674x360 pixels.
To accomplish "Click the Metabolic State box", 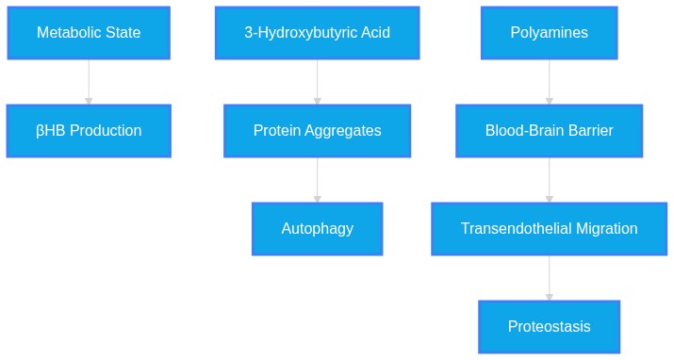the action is (x=89, y=33).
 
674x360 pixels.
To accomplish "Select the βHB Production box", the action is (x=89, y=131).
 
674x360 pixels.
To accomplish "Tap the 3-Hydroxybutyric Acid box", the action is (x=318, y=33).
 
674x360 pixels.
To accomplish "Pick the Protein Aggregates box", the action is (x=318, y=131).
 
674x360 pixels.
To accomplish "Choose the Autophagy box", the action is (x=318, y=229).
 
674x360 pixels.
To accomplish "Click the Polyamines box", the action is (x=550, y=33).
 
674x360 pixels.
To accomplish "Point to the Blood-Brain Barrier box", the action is (x=550, y=131).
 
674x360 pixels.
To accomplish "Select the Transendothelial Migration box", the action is (x=550, y=229).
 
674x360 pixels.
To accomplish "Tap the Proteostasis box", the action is (x=550, y=326).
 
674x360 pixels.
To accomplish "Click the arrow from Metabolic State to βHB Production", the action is (x=89, y=82).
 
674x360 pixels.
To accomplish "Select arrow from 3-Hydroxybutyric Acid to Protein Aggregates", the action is (x=318, y=82).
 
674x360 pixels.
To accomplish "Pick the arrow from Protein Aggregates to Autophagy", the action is (x=318, y=180).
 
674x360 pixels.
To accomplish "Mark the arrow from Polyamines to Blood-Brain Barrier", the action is (x=550, y=82).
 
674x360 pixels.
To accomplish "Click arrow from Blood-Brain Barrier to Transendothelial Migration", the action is (x=550, y=180).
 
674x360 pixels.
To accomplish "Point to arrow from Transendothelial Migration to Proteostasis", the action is (x=550, y=277).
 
